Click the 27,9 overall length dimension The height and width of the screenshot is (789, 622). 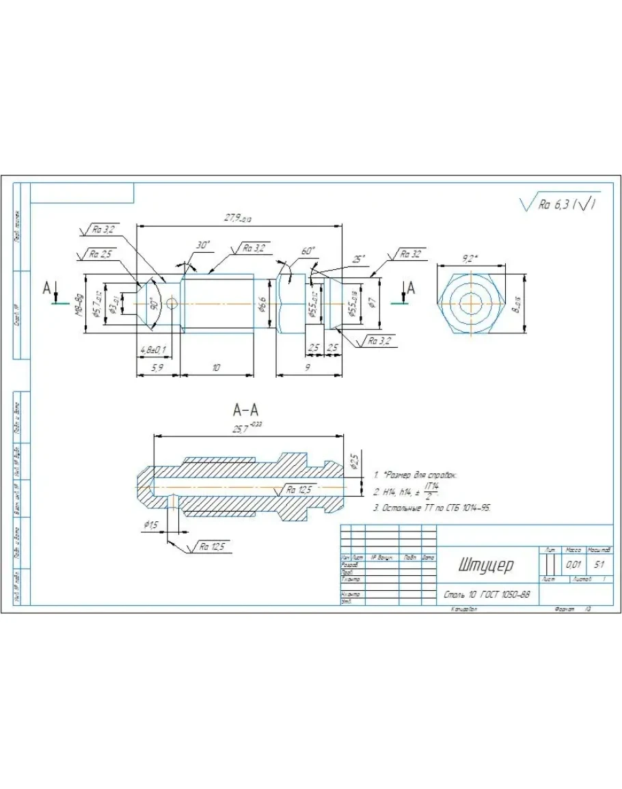tap(237, 218)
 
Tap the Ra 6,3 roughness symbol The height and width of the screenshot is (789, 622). tap(559, 204)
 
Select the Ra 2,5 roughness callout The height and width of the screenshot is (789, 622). tap(102, 254)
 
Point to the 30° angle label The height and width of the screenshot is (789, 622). tap(203, 245)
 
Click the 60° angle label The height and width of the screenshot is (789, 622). tap(308, 251)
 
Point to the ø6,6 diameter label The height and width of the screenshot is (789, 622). tap(262, 303)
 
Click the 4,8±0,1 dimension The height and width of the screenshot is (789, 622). tap(153, 350)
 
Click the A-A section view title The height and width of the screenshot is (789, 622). tap(246, 410)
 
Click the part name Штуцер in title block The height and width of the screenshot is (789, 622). tap(487, 566)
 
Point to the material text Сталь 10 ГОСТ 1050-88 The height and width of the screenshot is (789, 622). tap(486, 595)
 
